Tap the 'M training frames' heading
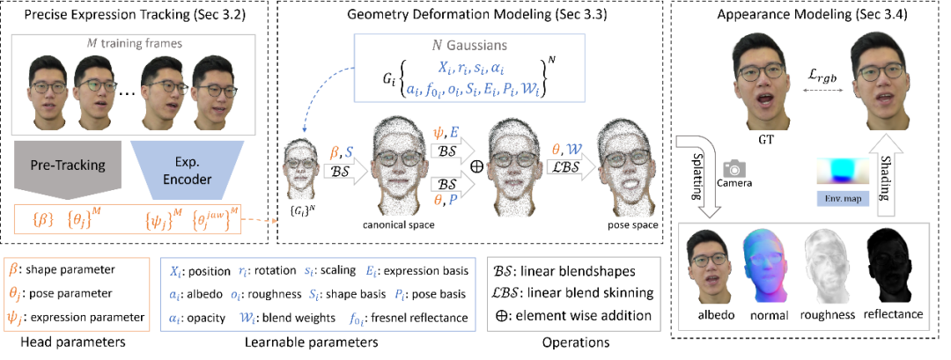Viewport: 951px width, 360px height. [x=135, y=43]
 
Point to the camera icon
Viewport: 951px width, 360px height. [x=733, y=168]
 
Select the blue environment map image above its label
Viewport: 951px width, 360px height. [x=842, y=173]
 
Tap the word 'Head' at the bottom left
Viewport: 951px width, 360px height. [x=37, y=342]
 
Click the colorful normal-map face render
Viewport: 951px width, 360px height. [x=767, y=267]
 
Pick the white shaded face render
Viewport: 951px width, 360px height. [x=829, y=267]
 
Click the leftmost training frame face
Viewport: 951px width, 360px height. [x=49, y=86]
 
